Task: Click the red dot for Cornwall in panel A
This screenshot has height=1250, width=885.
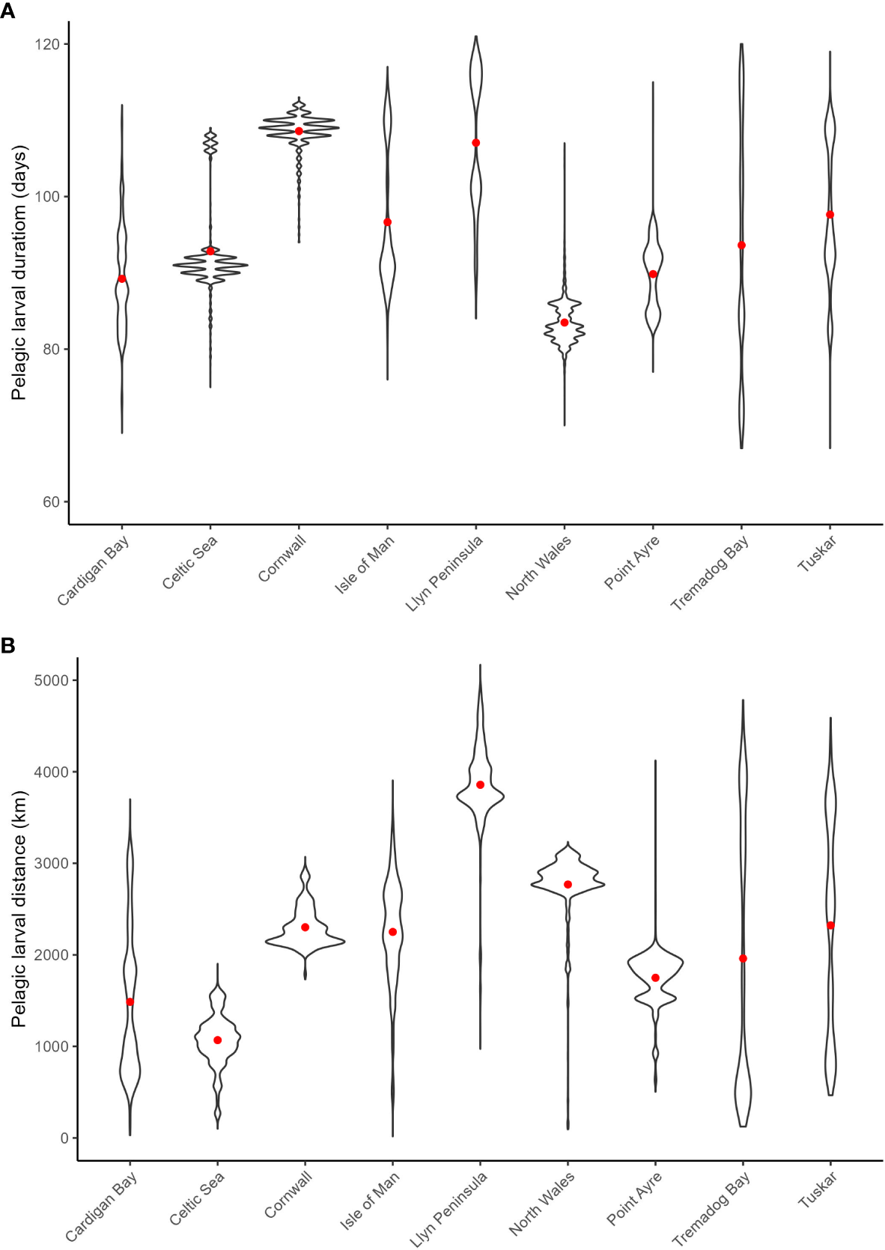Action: pos(299,131)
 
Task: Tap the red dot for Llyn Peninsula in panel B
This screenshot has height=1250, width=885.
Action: pos(480,784)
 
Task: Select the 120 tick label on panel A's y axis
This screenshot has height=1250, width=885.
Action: pos(46,44)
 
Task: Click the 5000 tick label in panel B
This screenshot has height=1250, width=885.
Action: pos(50,680)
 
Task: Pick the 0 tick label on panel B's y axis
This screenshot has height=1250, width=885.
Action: pos(64,1138)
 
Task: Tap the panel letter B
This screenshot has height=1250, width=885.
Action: pos(7,644)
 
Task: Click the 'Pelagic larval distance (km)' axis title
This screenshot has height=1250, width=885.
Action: pos(19,909)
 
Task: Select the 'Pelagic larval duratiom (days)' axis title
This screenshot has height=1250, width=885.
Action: pos(19,272)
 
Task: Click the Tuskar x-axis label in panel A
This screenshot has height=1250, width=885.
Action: pos(817,555)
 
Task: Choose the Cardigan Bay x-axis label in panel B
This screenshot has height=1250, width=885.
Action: pos(102,1206)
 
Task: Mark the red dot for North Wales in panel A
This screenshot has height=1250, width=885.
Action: pos(565,323)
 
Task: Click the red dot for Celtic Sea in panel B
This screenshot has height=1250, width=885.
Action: pos(218,1040)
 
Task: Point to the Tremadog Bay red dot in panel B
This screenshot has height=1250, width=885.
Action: pos(743,959)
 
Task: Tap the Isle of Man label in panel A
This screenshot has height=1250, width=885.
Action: pos(365,566)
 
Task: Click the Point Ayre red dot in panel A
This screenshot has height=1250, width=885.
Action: pos(653,274)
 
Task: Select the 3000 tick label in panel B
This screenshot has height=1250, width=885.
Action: pos(50,863)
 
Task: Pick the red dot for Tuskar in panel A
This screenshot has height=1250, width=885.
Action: pos(830,215)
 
